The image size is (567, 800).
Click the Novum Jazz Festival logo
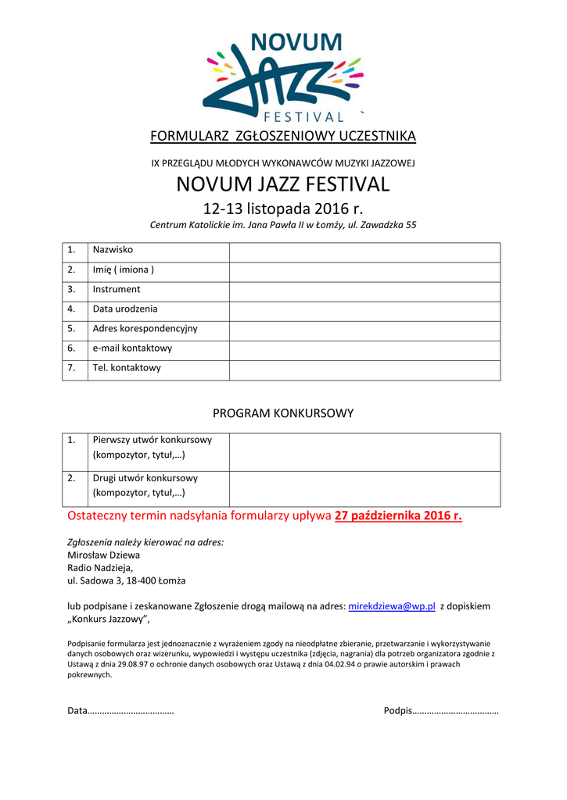click(283, 77)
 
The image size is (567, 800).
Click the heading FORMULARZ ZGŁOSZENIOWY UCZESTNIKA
click(283, 137)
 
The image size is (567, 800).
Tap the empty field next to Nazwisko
click(364, 252)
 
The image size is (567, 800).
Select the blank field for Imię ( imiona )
click(364, 271)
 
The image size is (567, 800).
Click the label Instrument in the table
click(117, 290)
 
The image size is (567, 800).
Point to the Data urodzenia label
click(125, 309)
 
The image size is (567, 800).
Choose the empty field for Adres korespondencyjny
click(364, 330)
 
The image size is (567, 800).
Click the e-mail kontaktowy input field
click(364, 349)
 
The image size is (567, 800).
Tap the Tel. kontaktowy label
click(127, 368)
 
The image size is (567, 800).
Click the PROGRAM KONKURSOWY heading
click(283, 413)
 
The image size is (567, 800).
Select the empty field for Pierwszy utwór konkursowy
click(364, 452)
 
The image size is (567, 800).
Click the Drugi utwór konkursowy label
click(145, 478)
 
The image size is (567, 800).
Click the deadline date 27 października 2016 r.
click(398, 516)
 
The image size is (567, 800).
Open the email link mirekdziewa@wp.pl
click(391, 607)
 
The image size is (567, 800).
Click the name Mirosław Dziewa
click(104, 555)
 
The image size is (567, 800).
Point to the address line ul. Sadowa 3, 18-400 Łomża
click(127, 581)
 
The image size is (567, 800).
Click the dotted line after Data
click(131, 711)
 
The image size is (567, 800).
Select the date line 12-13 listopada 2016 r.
click(283, 209)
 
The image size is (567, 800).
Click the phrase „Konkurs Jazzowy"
click(109, 620)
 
